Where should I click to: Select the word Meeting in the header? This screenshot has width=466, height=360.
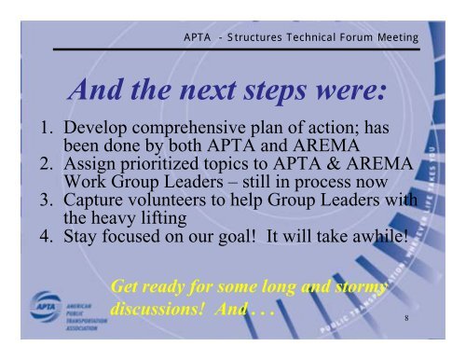click(x=402, y=35)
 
